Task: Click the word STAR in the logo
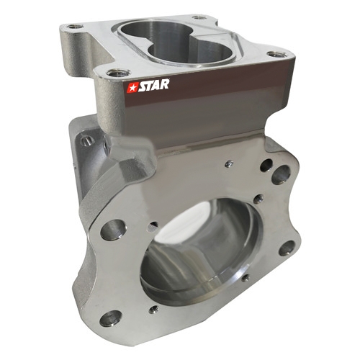coord(154,86)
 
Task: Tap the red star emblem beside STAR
coord(132,88)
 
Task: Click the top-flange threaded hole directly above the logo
coord(118,73)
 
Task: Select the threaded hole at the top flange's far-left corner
coord(75,26)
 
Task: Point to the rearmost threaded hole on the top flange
coord(199,17)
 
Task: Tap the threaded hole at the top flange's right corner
coord(277,54)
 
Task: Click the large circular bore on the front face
coord(201,251)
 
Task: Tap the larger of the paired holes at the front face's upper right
coord(281,175)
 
